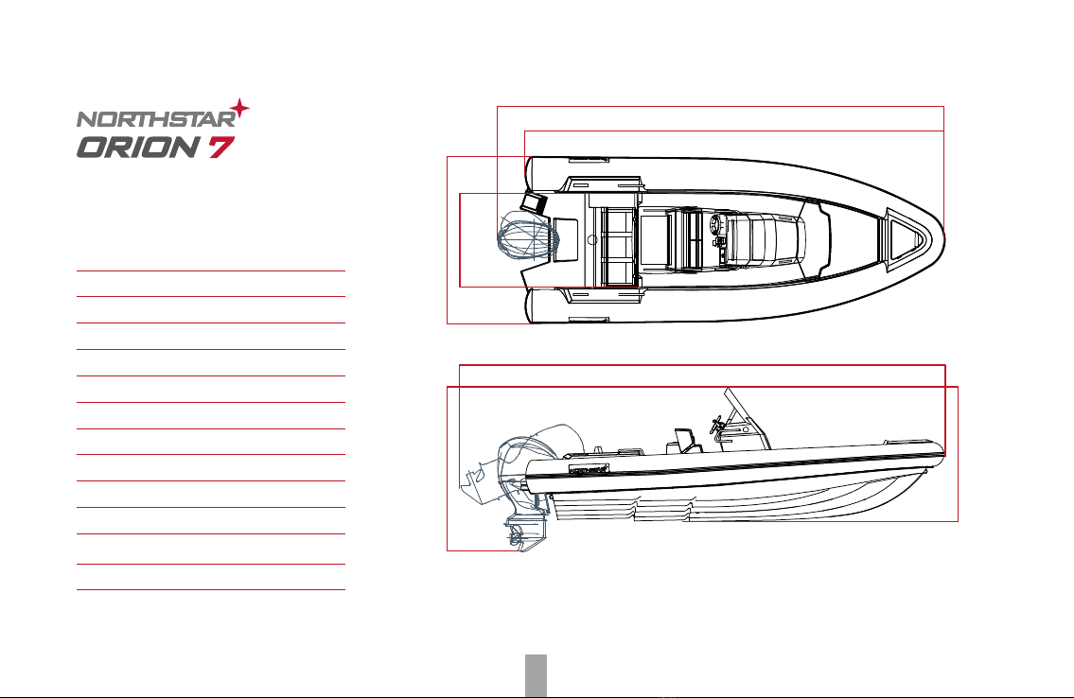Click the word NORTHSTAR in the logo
click(156, 119)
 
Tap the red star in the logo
click(239, 109)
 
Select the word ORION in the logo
click(138, 148)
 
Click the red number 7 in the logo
click(221, 148)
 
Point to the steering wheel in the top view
click(717, 225)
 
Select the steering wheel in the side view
click(717, 425)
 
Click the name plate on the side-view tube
click(589, 469)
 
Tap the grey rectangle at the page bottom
click(537, 675)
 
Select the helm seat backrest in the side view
click(683, 440)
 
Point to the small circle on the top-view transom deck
click(592, 240)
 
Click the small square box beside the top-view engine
click(534, 202)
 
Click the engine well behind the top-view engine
click(565, 239)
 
